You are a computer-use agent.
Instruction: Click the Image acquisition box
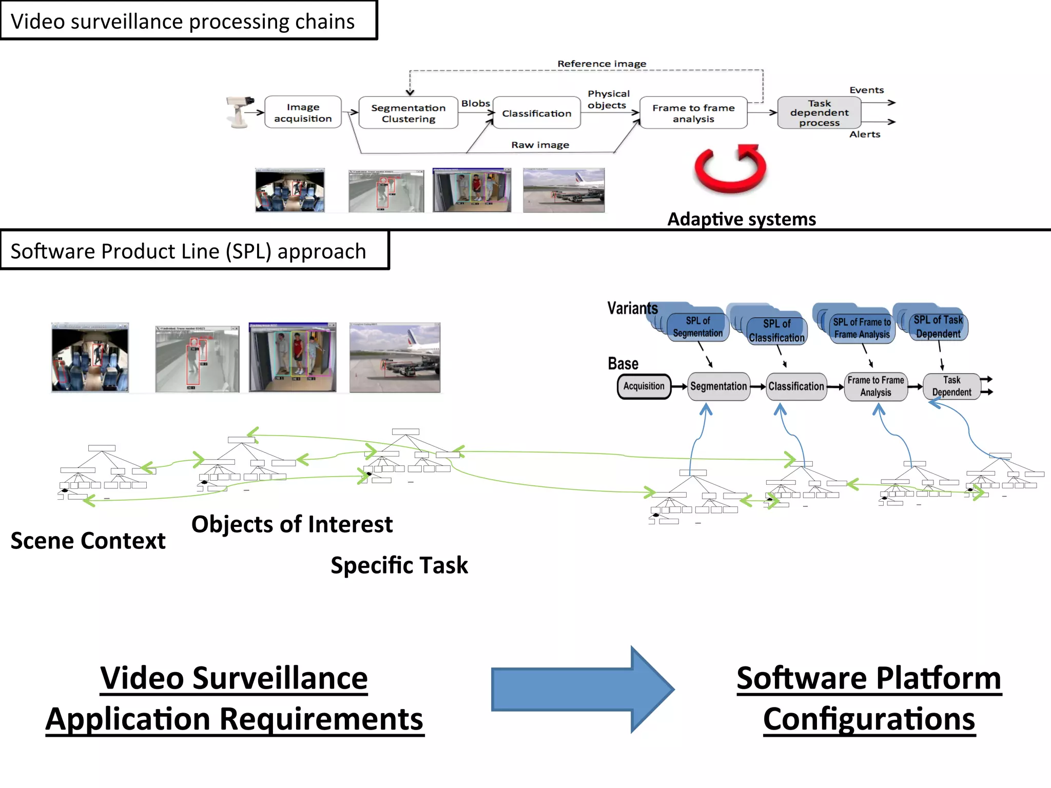point(303,112)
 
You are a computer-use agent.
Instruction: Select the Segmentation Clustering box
point(408,113)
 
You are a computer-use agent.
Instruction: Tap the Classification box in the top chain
point(536,113)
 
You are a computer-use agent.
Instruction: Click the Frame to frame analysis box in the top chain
point(693,113)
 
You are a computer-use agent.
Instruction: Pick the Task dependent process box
point(819,113)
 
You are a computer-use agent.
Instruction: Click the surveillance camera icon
point(239,111)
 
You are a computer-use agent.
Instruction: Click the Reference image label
point(601,64)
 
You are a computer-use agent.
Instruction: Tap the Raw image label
point(540,145)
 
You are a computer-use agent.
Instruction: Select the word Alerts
point(865,134)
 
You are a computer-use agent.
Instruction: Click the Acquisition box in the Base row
point(644,386)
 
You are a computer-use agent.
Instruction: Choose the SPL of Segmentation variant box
point(697,327)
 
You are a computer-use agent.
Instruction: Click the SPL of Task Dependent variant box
point(938,327)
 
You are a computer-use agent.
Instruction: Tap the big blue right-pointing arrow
point(582,689)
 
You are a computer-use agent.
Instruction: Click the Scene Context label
point(88,541)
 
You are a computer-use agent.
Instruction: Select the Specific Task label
point(399,565)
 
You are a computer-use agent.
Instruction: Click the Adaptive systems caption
point(741,219)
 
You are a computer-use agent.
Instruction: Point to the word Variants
point(632,308)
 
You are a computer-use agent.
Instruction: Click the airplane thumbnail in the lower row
point(395,358)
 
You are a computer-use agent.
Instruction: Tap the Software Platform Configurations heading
point(869,698)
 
